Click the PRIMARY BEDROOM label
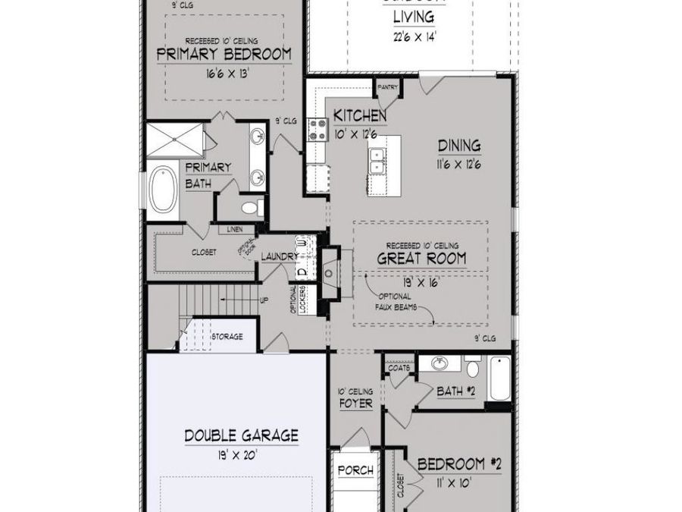tap(224, 54)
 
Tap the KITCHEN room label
tap(360, 116)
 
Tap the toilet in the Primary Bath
tap(250, 206)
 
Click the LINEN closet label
tap(233, 229)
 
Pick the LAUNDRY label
tap(280, 257)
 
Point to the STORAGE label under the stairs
tap(227, 336)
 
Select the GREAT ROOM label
tap(421, 259)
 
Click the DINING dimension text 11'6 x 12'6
tap(458, 162)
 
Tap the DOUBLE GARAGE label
tap(241, 435)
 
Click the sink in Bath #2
tap(439, 364)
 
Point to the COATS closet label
tap(399, 367)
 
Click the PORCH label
tap(355, 470)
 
